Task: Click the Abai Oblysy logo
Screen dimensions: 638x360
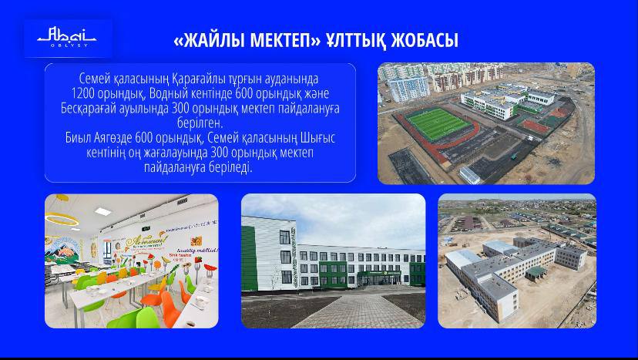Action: pyautogui.click(x=67, y=37)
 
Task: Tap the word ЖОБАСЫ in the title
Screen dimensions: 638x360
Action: pyautogui.click(x=425, y=40)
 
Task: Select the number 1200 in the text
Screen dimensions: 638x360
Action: pyautogui.click(x=83, y=94)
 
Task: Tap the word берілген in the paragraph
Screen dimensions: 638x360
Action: pyautogui.click(x=200, y=123)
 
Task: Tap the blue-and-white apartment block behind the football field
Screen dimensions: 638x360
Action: pyautogui.click(x=408, y=88)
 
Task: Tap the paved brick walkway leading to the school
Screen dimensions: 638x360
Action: pyautogui.click(x=358, y=311)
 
